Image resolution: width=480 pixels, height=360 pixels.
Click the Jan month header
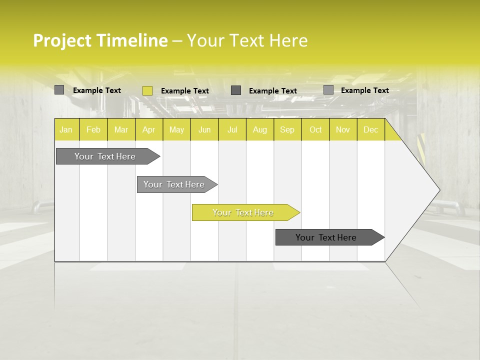[x=66, y=129]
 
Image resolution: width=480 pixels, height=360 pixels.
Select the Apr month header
[x=148, y=129]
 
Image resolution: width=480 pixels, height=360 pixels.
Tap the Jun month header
[x=204, y=129]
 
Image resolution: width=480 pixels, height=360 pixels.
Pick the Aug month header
[x=259, y=129]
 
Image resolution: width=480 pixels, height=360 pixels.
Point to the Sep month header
[x=287, y=129]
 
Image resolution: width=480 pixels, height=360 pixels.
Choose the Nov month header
[x=342, y=129]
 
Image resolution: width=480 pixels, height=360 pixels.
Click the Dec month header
[x=370, y=129]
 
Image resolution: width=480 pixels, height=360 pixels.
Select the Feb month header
[x=93, y=129]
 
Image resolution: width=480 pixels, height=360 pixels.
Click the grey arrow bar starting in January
[x=105, y=156]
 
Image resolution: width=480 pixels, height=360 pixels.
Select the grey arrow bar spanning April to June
[x=174, y=184]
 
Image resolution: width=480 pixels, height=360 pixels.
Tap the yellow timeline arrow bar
[x=243, y=212]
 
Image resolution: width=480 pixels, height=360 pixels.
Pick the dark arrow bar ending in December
[x=326, y=237]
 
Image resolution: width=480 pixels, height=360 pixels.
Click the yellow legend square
[x=147, y=90]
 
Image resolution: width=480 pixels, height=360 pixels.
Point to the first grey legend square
[x=59, y=90]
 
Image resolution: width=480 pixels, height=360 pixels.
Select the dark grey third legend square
[x=236, y=90]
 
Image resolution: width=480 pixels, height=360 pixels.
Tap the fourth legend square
[x=328, y=90]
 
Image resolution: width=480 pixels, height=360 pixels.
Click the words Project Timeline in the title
[x=100, y=40]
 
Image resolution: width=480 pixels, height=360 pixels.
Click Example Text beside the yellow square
[x=185, y=91]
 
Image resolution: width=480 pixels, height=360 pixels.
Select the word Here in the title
[x=288, y=40]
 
